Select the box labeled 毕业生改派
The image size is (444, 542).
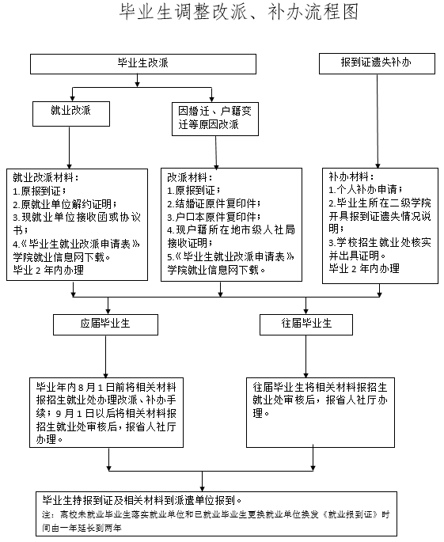143,63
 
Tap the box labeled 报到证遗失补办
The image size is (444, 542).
376,63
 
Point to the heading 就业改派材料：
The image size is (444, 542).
46,177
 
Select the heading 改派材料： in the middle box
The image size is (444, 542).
190,178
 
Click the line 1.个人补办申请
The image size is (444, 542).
365,190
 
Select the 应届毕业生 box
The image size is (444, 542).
102,324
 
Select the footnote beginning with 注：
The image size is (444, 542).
214,521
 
